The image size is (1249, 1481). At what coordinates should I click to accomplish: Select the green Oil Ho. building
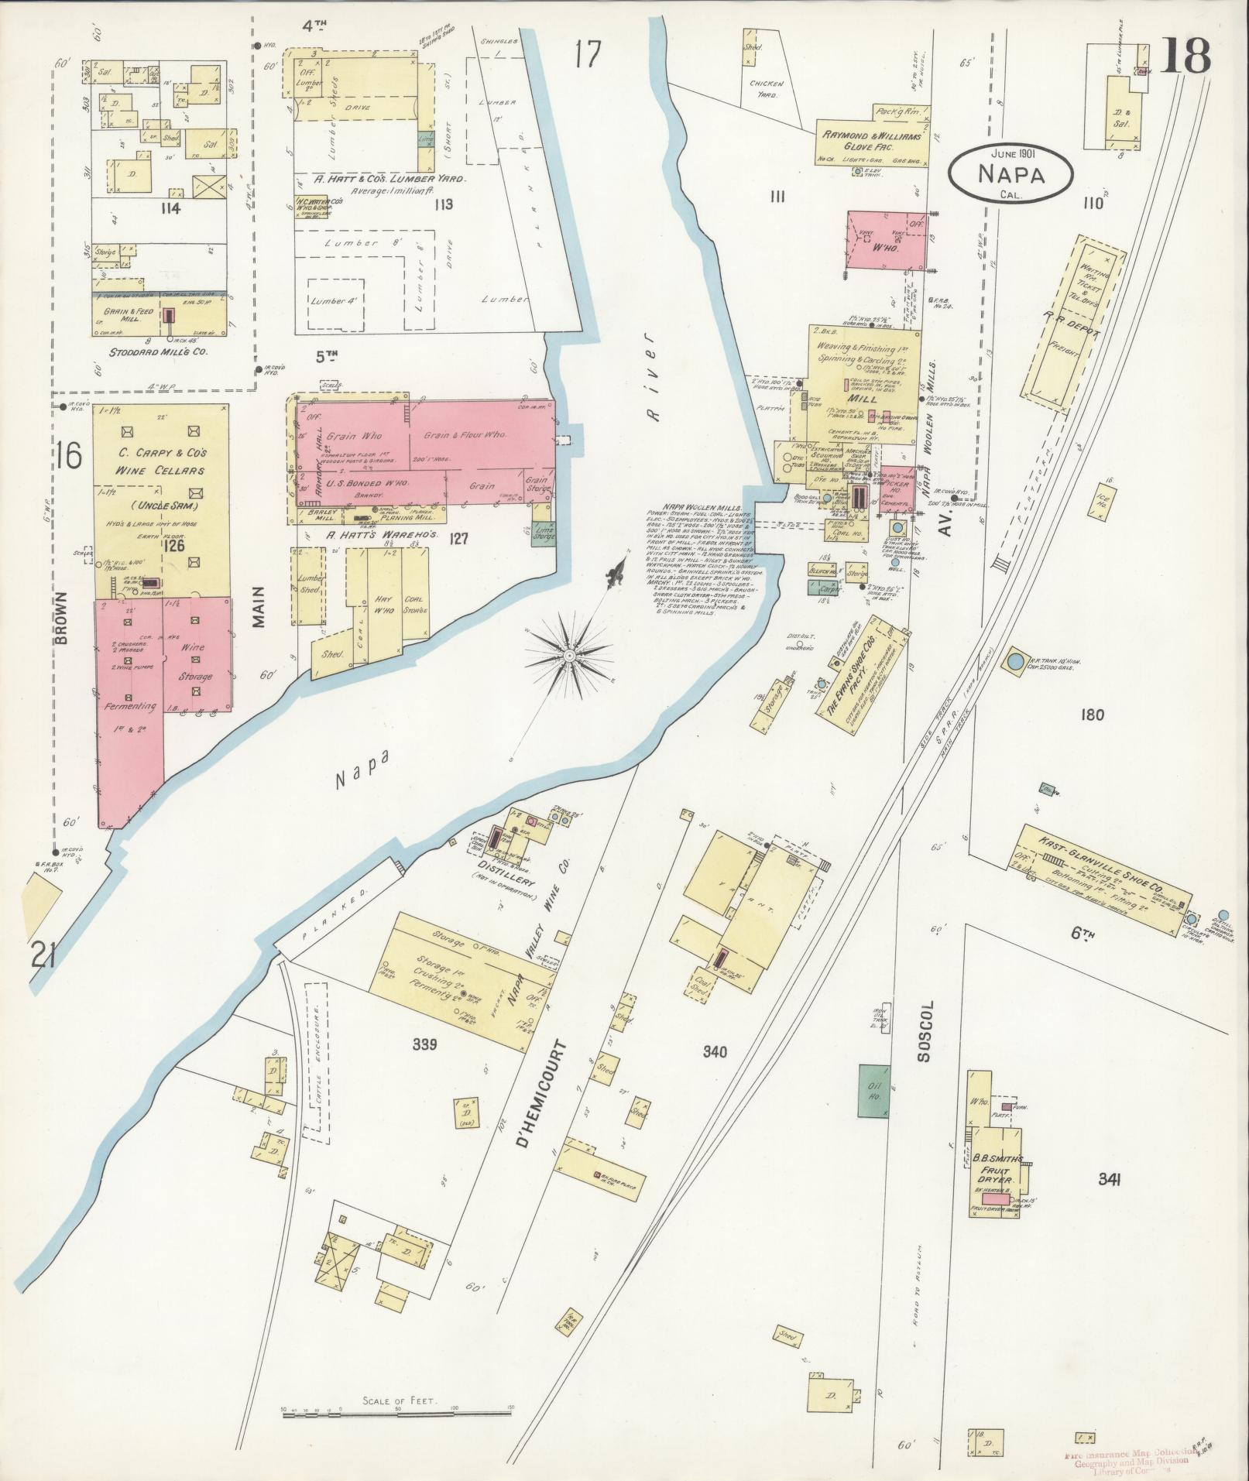875,1089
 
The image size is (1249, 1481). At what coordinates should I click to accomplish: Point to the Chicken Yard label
767,89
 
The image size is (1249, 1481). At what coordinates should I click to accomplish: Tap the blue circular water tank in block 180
1014,662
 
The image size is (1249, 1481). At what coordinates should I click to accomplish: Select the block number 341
1110,1202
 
